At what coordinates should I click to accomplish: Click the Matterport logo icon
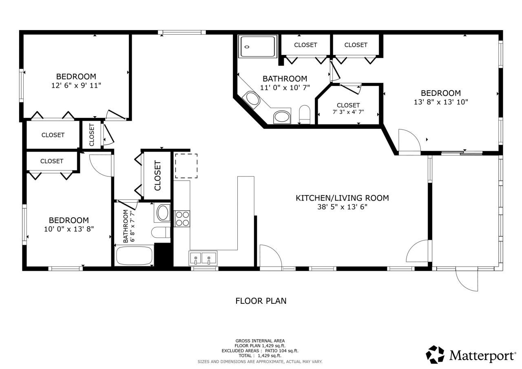pos(435,355)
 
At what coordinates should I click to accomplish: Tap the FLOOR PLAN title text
pos(261,301)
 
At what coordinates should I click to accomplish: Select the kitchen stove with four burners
pos(182,219)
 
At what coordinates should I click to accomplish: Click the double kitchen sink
pos(203,258)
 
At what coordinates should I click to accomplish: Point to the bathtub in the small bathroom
pos(134,256)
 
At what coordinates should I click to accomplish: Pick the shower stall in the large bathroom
pos(257,46)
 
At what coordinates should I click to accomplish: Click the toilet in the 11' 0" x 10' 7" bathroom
pos(305,114)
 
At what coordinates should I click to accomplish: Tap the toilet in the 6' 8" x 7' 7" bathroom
pos(161,232)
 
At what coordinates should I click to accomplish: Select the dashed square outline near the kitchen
pos(186,166)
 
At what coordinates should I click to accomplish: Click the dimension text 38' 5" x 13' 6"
pos(342,207)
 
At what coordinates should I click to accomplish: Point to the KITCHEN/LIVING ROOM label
pos(342,198)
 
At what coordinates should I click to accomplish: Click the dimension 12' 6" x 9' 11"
pos(76,86)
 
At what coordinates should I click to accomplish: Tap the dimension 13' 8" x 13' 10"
pos(441,102)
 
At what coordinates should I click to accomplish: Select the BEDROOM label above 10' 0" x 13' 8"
pos(69,220)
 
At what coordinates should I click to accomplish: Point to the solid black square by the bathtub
pos(164,254)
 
